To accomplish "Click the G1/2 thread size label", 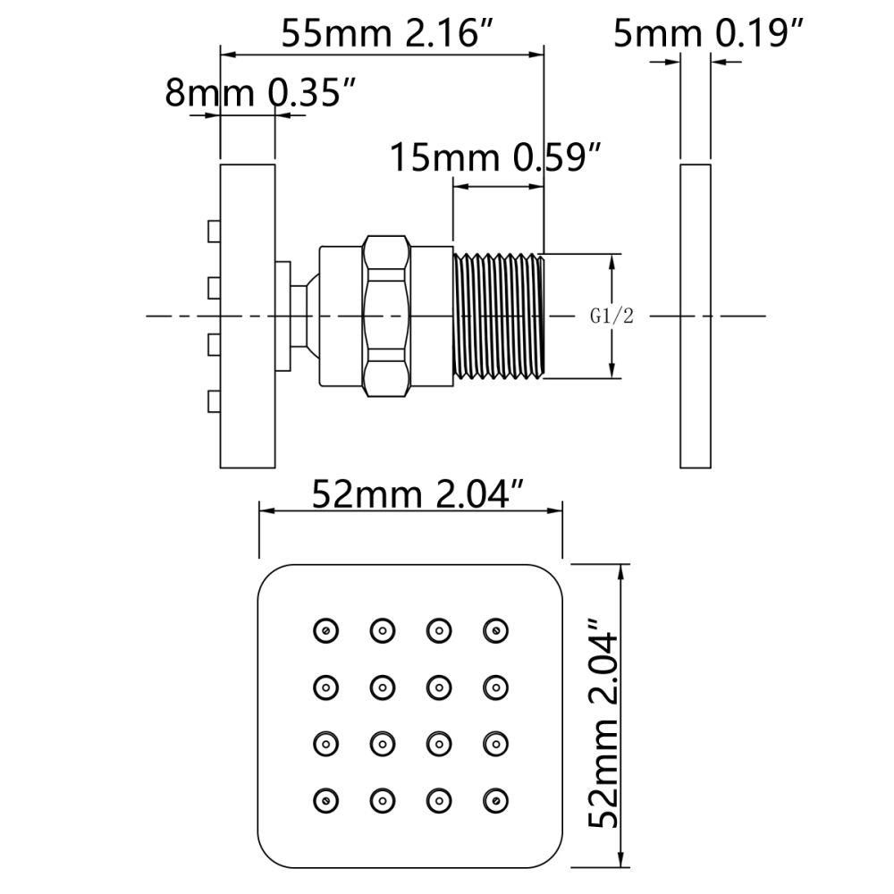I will click(611, 316).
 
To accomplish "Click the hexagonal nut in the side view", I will click(384, 316).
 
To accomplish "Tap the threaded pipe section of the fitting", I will click(499, 316).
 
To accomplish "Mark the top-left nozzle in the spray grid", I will click(325, 630).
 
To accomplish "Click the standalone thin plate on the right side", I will click(696, 316).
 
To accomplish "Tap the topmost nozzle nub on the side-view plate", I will click(214, 232).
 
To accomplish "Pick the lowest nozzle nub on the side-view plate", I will click(214, 402).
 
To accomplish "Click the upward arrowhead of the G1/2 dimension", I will click(613, 262).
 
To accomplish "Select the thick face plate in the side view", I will click(248, 316).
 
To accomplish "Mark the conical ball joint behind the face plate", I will click(306, 316).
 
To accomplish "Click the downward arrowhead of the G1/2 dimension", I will click(613, 370).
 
